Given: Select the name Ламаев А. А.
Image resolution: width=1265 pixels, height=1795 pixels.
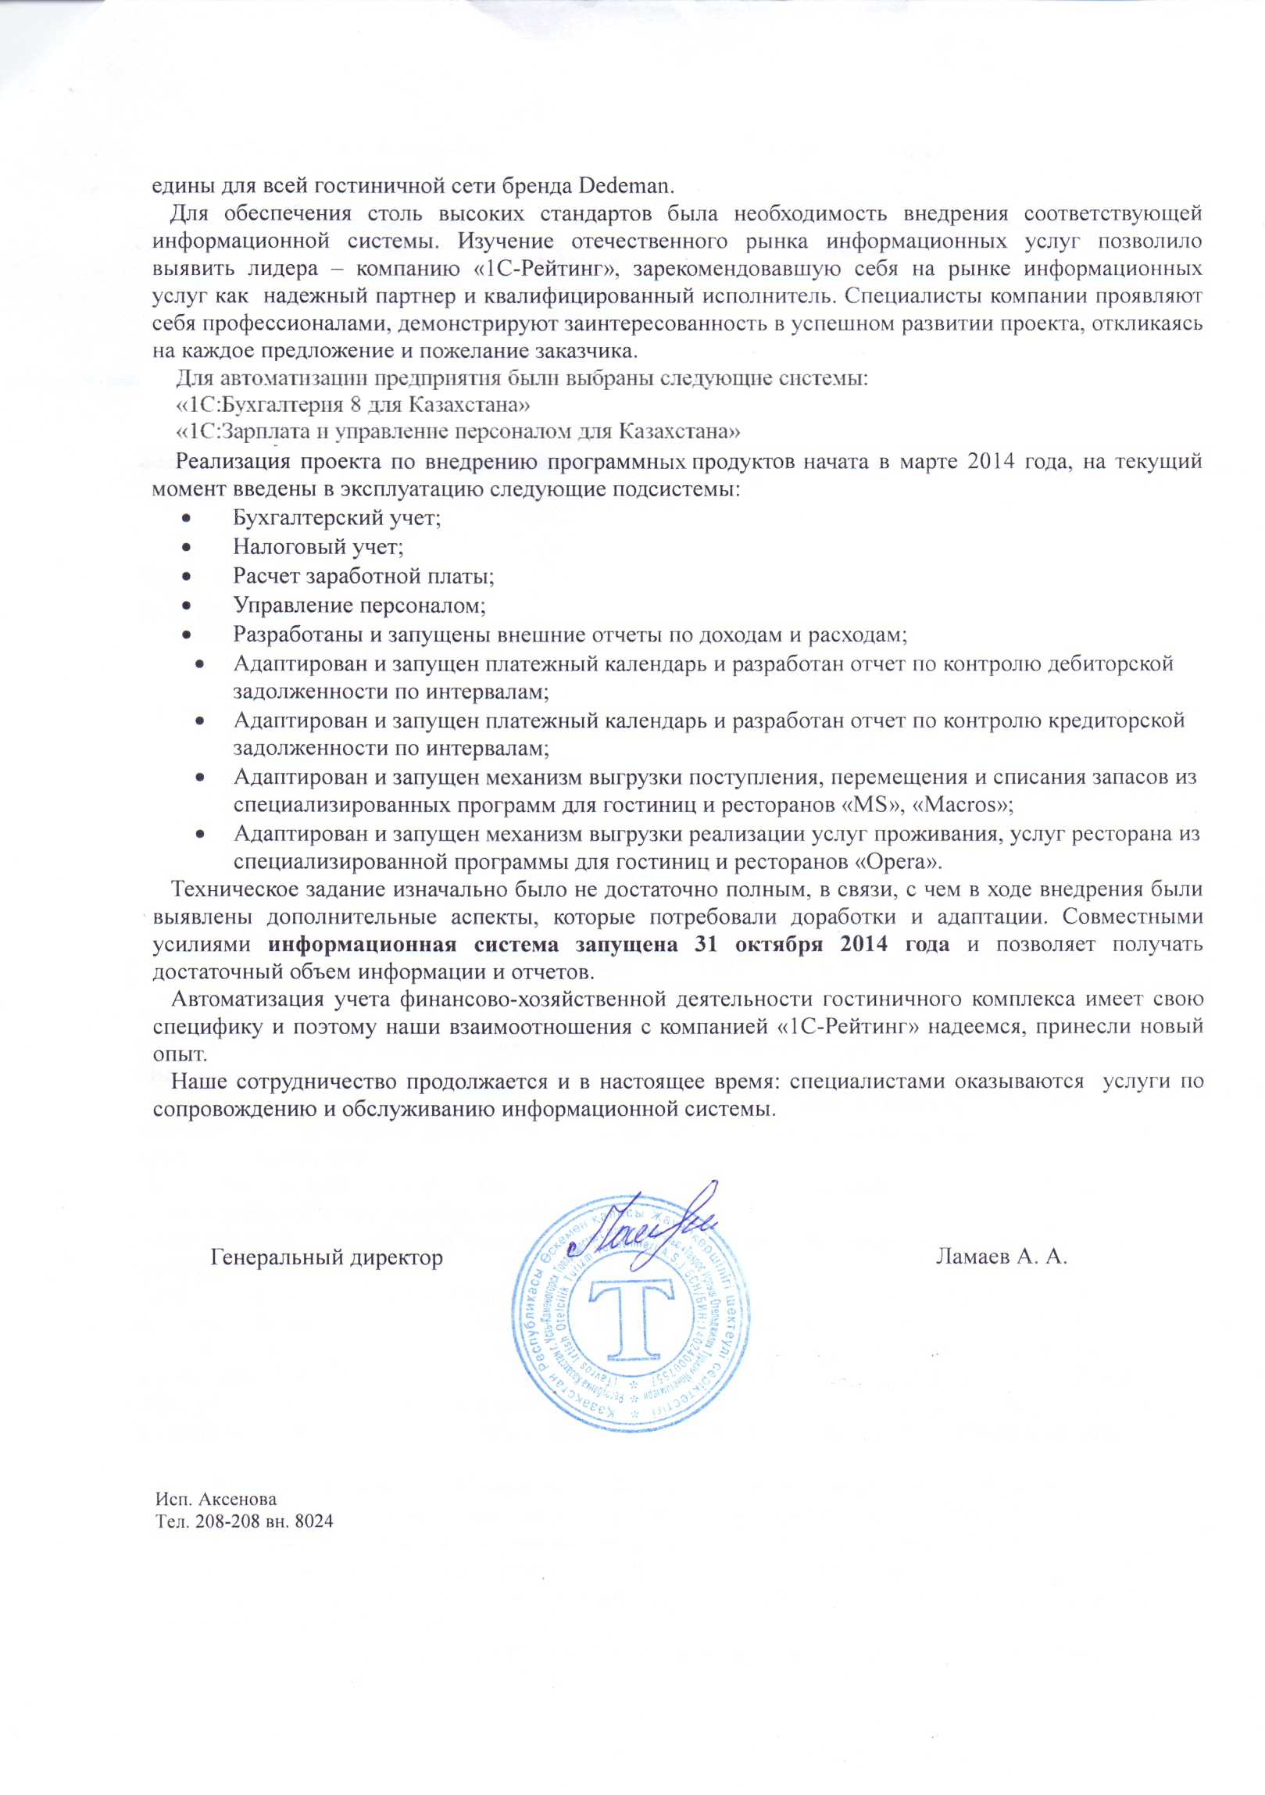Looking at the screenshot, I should tap(1002, 1257).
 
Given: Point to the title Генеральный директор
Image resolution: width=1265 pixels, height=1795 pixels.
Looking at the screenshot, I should tap(327, 1257).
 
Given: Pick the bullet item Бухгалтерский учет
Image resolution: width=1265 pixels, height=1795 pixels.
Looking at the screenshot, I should tap(337, 517).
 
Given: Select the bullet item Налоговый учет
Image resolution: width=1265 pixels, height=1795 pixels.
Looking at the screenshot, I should tap(318, 547).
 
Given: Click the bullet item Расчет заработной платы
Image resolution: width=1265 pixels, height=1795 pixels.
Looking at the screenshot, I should tap(363, 576).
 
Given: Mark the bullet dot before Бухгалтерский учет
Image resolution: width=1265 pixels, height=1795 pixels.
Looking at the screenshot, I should tap(186, 518).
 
